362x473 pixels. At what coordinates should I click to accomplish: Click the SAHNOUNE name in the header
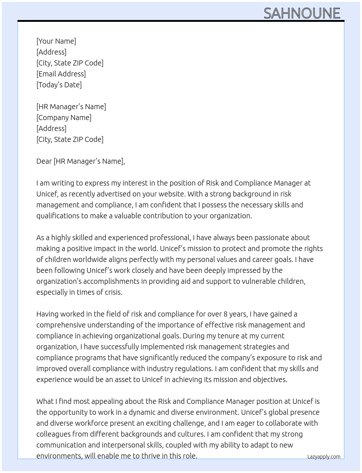click(x=302, y=13)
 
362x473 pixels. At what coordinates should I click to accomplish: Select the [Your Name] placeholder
click(x=56, y=41)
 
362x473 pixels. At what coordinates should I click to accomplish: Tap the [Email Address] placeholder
click(x=61, y=74)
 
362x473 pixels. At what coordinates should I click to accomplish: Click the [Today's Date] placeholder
click(x=59, y=85)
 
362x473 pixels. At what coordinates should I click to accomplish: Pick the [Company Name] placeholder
click(x=64, y=118)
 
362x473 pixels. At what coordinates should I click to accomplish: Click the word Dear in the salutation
click(x=44, y=161)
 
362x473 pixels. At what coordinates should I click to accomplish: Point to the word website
click(x=172, y=194)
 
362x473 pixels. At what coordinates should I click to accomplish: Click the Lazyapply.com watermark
click(x=323, y=457)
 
